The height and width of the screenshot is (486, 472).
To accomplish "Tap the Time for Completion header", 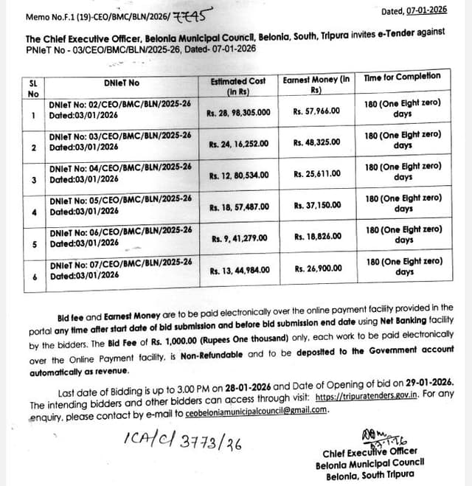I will click(402, 76).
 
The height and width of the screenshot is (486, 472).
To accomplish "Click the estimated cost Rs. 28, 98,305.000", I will click(240, 113).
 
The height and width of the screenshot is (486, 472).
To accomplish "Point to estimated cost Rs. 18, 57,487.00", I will click(239, 206).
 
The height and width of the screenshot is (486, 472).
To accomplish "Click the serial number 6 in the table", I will click(34, 277).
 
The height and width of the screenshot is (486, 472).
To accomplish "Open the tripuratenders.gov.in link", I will click(367, 396).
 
